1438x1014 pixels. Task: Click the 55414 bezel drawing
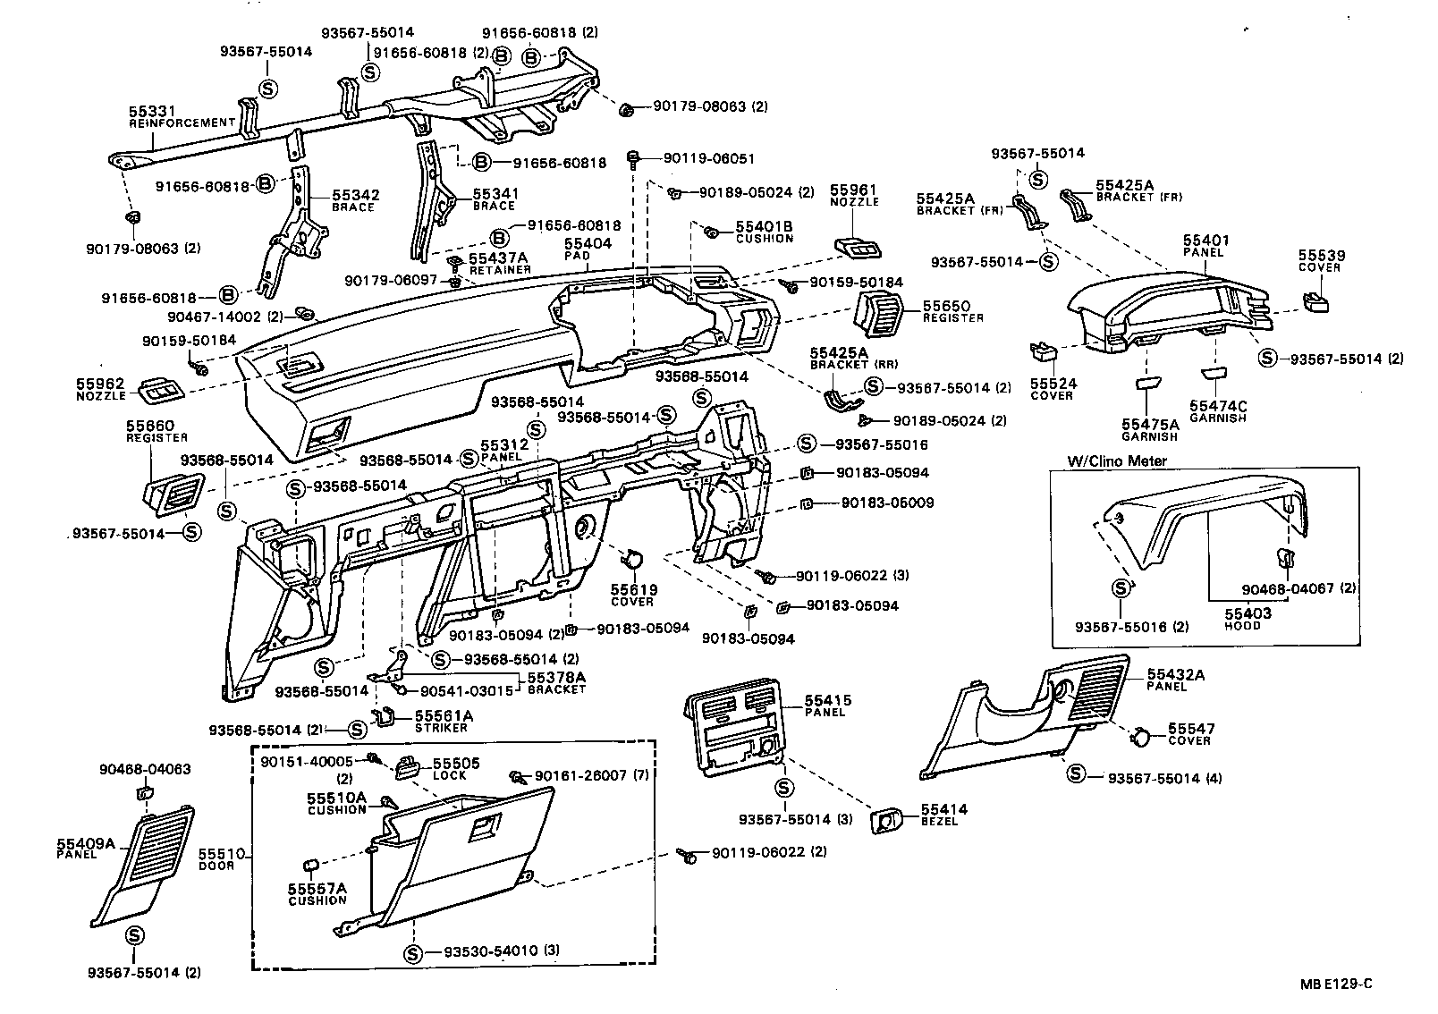[x=886, y=820]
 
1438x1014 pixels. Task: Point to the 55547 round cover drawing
[x=1141, y=736]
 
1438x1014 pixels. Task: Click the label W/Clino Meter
[x=1116, y=461]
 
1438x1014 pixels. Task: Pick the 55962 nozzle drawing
[x=159, y=388]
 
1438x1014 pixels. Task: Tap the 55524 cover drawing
[x=1043, y=350]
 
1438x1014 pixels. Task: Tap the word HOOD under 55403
[x=1242, y=626]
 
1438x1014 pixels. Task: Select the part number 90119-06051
[x=709, y=158]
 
